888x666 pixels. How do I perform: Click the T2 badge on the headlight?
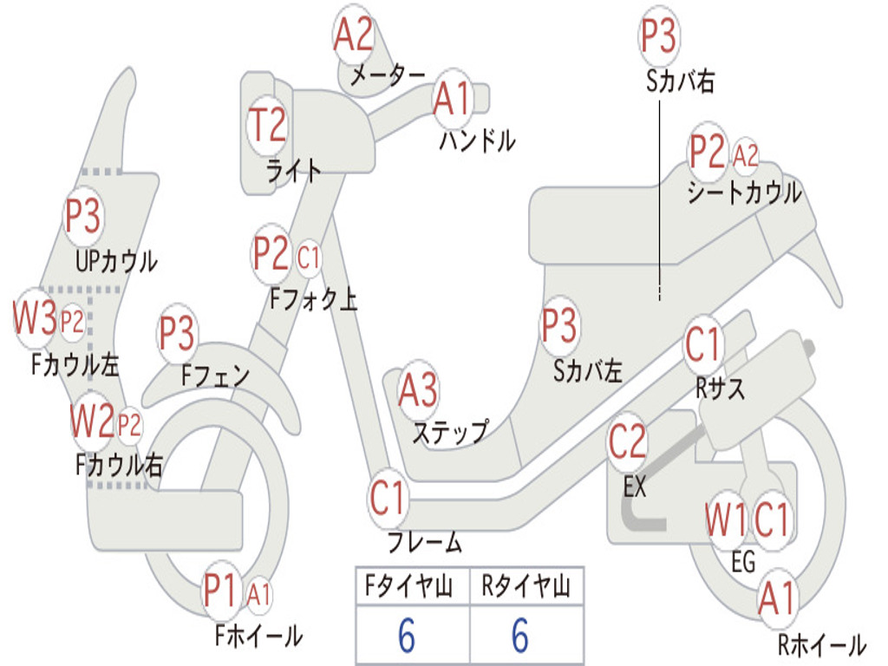coord(267,125)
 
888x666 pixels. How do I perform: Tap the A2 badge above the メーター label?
coord(354,34)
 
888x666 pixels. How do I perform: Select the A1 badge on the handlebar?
coord(453,98)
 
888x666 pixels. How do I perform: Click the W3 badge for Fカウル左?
coord(35,317)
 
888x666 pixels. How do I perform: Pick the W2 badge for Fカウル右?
coord(92,421)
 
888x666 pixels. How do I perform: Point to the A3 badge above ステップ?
coord(419,390)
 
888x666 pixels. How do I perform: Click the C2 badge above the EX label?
coord(627,441)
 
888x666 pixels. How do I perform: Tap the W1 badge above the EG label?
coord(726,519)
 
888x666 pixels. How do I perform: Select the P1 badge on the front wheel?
coord(219,591)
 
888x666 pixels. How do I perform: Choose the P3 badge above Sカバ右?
coord(659,35)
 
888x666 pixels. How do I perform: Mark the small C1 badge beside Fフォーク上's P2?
coord(308,258)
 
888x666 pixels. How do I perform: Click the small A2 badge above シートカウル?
coord(745,154)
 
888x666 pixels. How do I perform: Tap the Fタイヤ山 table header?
coord(408,586)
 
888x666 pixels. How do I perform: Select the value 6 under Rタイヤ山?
coord(520,635)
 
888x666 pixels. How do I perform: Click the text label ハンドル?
coord(478,140)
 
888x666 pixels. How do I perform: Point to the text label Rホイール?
coord(821,645)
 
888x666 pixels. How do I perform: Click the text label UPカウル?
coord(117,262)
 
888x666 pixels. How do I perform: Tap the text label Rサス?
coord(719,388)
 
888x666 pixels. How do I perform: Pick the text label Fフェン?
coord(215,375)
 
